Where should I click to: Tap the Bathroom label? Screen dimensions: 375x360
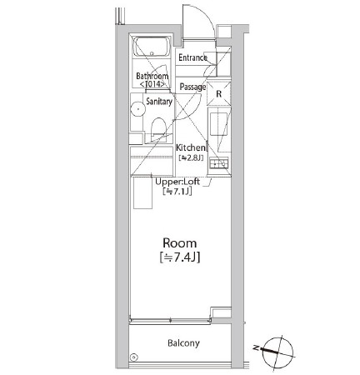(x=152, y=76)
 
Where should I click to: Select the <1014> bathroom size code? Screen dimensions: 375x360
(x=152, y=85)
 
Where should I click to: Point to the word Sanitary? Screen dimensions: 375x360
(x=159, y=102)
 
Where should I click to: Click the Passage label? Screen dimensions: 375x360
(x=192, y=87)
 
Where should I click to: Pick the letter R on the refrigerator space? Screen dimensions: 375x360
(x=218, y=94)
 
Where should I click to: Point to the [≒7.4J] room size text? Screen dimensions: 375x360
(x=179, y=257)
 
